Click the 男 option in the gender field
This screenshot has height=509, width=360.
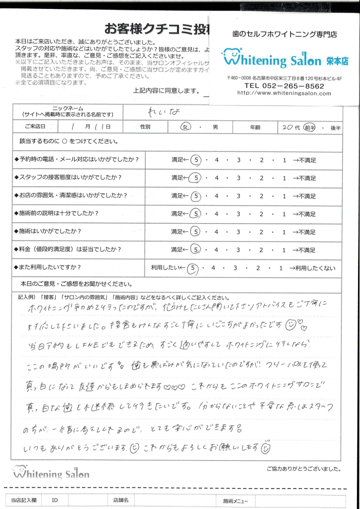click(215, 127)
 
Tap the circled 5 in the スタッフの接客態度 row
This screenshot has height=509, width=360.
click(196, 178)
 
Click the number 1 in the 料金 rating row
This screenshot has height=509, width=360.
click(284, 250)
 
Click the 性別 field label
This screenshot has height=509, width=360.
click(145, 127)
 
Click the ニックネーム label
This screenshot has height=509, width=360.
click(68, 108)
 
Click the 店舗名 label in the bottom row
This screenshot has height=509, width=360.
click(121, 501)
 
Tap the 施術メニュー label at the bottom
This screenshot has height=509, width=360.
click(235, 501)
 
